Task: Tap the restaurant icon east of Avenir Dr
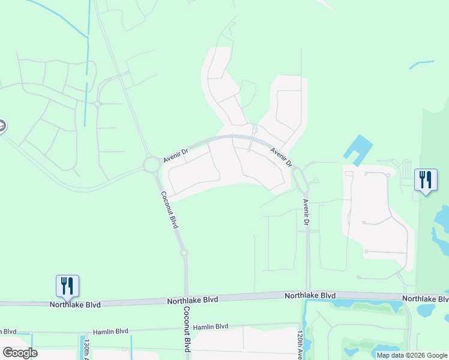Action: click(426, 179)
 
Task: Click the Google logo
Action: click(19, 353)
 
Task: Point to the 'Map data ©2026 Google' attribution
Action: click(412, 355)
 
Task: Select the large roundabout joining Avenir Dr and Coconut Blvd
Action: click(151, 164)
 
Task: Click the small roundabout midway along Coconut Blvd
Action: click(184, 253)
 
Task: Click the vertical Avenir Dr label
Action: click(306, 213)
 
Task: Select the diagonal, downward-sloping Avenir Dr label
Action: click(281, 157)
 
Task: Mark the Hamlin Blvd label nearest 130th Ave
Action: click(110, 331)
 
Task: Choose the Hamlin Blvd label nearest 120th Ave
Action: click(211, 326)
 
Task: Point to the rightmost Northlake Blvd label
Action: click(425, 298)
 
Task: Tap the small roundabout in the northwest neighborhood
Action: click(97, 103)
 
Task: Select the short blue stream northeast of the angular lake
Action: click(421, 63)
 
